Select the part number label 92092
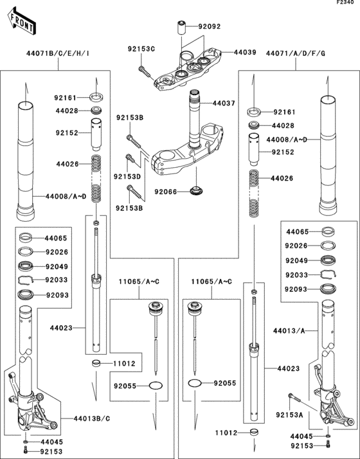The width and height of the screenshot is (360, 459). coord(209,27)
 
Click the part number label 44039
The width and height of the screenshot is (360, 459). coord(244,51)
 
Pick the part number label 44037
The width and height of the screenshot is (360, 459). coord(223,103)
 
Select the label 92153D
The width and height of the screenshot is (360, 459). coord(127,175)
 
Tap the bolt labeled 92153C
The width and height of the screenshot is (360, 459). coord(144,67)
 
